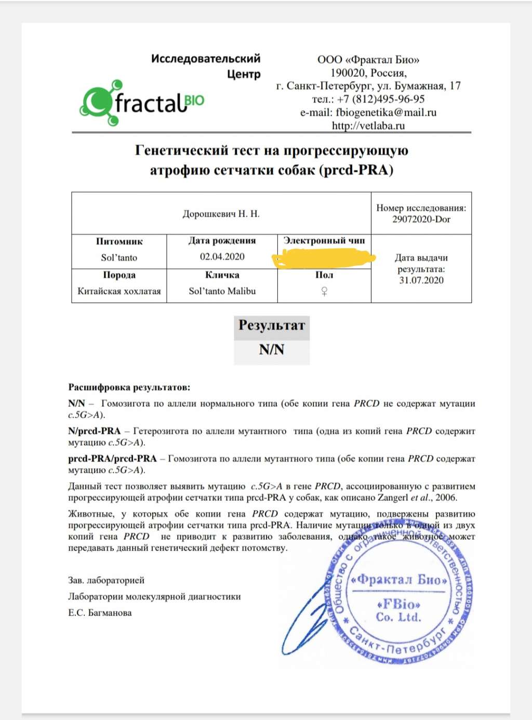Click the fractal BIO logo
click(x=142, y=103)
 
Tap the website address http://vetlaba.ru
click(x=368, y=126)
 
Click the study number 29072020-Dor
click(x=421, y=219)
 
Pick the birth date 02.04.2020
click(x=222, y=257)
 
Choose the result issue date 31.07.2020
click(x=421, y=281)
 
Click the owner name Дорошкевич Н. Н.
click(x=221, y=214)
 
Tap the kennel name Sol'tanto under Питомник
click(x=119, y=258)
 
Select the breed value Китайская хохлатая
click(x=119, y=291)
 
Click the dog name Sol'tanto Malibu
click(x=222, y=291)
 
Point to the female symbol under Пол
click(x=324, y=291)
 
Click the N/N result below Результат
click(x=272, y=350)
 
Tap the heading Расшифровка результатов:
click(x=129, y=388)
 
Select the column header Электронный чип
click(x=324, y=241)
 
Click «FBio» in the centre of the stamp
click(x=398, y=604)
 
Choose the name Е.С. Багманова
click(x=100, y=613)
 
